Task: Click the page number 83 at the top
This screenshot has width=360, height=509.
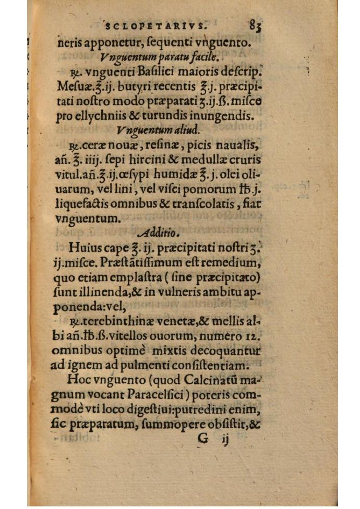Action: (255, 25)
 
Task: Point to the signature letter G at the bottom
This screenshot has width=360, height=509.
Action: (203, 439)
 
